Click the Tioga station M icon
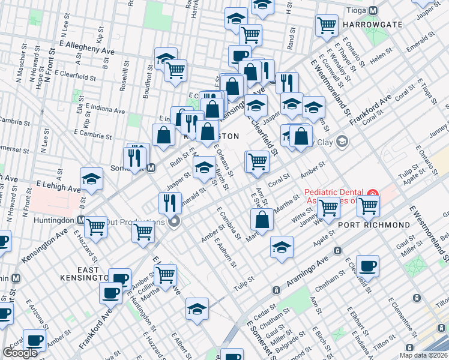(x=373, y=10)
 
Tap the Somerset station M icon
(x=151, y=169)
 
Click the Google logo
(x=20, y=353)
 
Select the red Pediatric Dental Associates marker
(x=372, y=196)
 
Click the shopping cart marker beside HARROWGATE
(x=327, y=26)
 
